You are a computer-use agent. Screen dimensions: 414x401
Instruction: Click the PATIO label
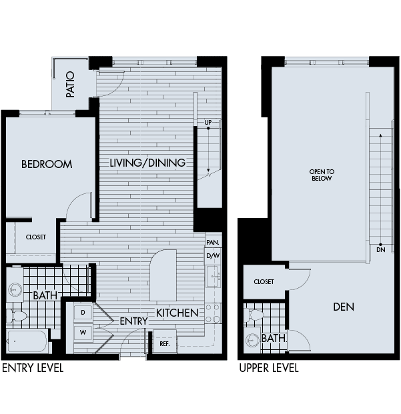click(70, 84)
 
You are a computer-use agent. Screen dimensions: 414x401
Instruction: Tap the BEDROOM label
click(46, 164)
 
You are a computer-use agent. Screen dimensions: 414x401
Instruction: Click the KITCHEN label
click(177, 313)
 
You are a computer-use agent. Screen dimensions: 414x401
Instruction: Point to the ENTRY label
click(133, 321)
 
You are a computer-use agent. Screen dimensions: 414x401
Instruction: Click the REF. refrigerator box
click(163, 344)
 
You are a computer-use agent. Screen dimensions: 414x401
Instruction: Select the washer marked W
click(83, 331)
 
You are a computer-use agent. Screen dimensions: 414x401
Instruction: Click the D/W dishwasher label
click(213, 256)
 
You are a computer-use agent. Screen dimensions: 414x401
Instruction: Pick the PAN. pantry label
click(213, 243)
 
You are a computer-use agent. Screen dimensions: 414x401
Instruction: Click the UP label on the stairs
click(208, 123)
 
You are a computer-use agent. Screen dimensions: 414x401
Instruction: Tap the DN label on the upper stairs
click(380, 251)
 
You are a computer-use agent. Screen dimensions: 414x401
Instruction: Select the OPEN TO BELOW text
click(322, 175)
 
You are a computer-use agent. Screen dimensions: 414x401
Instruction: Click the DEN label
click(344, 307)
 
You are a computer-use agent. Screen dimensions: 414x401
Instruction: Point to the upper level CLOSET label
click(264, 282)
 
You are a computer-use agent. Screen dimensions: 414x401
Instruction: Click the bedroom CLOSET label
click(35, 237)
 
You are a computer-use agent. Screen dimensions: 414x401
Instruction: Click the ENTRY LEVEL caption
click(33, 368)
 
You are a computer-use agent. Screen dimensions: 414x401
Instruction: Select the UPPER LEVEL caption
click(269, 368)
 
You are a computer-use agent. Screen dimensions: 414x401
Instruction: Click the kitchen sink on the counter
click(213, 275)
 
